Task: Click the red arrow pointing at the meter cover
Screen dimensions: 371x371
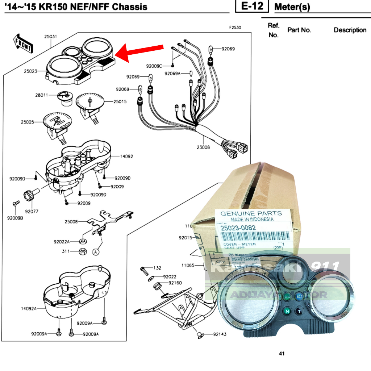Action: (141, 51)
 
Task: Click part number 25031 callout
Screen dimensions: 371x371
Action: (50, 37)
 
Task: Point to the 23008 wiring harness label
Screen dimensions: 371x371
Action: (204, 147)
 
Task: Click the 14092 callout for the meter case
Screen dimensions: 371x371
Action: (126, 157)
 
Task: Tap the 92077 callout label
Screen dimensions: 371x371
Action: (32, 211)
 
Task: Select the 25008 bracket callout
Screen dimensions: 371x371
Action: (71, 221)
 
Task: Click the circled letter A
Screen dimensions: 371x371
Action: (96, 252)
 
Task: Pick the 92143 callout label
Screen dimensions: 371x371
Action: (220, 334)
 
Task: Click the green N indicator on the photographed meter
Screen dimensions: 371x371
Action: (287, 310)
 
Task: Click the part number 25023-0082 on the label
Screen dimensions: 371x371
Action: (238, 228)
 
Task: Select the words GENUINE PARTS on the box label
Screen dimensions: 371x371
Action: (251, 213)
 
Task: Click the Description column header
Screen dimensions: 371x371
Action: (350, 30)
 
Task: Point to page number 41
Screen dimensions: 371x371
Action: (282, 354)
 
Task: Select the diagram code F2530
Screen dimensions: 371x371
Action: (235, 28)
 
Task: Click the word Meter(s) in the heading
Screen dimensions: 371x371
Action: (292, 7)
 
